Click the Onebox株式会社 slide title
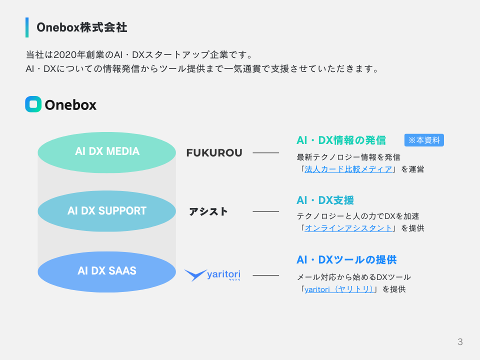(x=82, y=27)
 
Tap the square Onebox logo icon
(x=33, y=104)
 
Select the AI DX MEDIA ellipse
(x=107, y=152)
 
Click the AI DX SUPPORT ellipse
(x=107, y=211)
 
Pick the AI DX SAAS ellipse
(x=107, y=271)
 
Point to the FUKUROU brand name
(x=214, y=153)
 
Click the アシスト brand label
(x=208, y=211)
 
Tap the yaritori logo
(x=212, y=274)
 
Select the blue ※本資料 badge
(x=424, y=140)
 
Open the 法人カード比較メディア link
(x=348, y=169)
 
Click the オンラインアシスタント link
(x=348, y=228)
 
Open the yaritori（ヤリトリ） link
(x=339, y=289)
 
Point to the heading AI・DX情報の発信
(x=341, y=140)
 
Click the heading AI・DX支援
(x=325, y=200)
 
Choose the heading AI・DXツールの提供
(x=346, y=260)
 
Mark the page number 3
(x=460, y=342)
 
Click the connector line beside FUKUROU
(x=265, y=153)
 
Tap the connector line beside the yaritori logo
(x=265, y=275)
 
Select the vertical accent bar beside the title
(x=27, y=27)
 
